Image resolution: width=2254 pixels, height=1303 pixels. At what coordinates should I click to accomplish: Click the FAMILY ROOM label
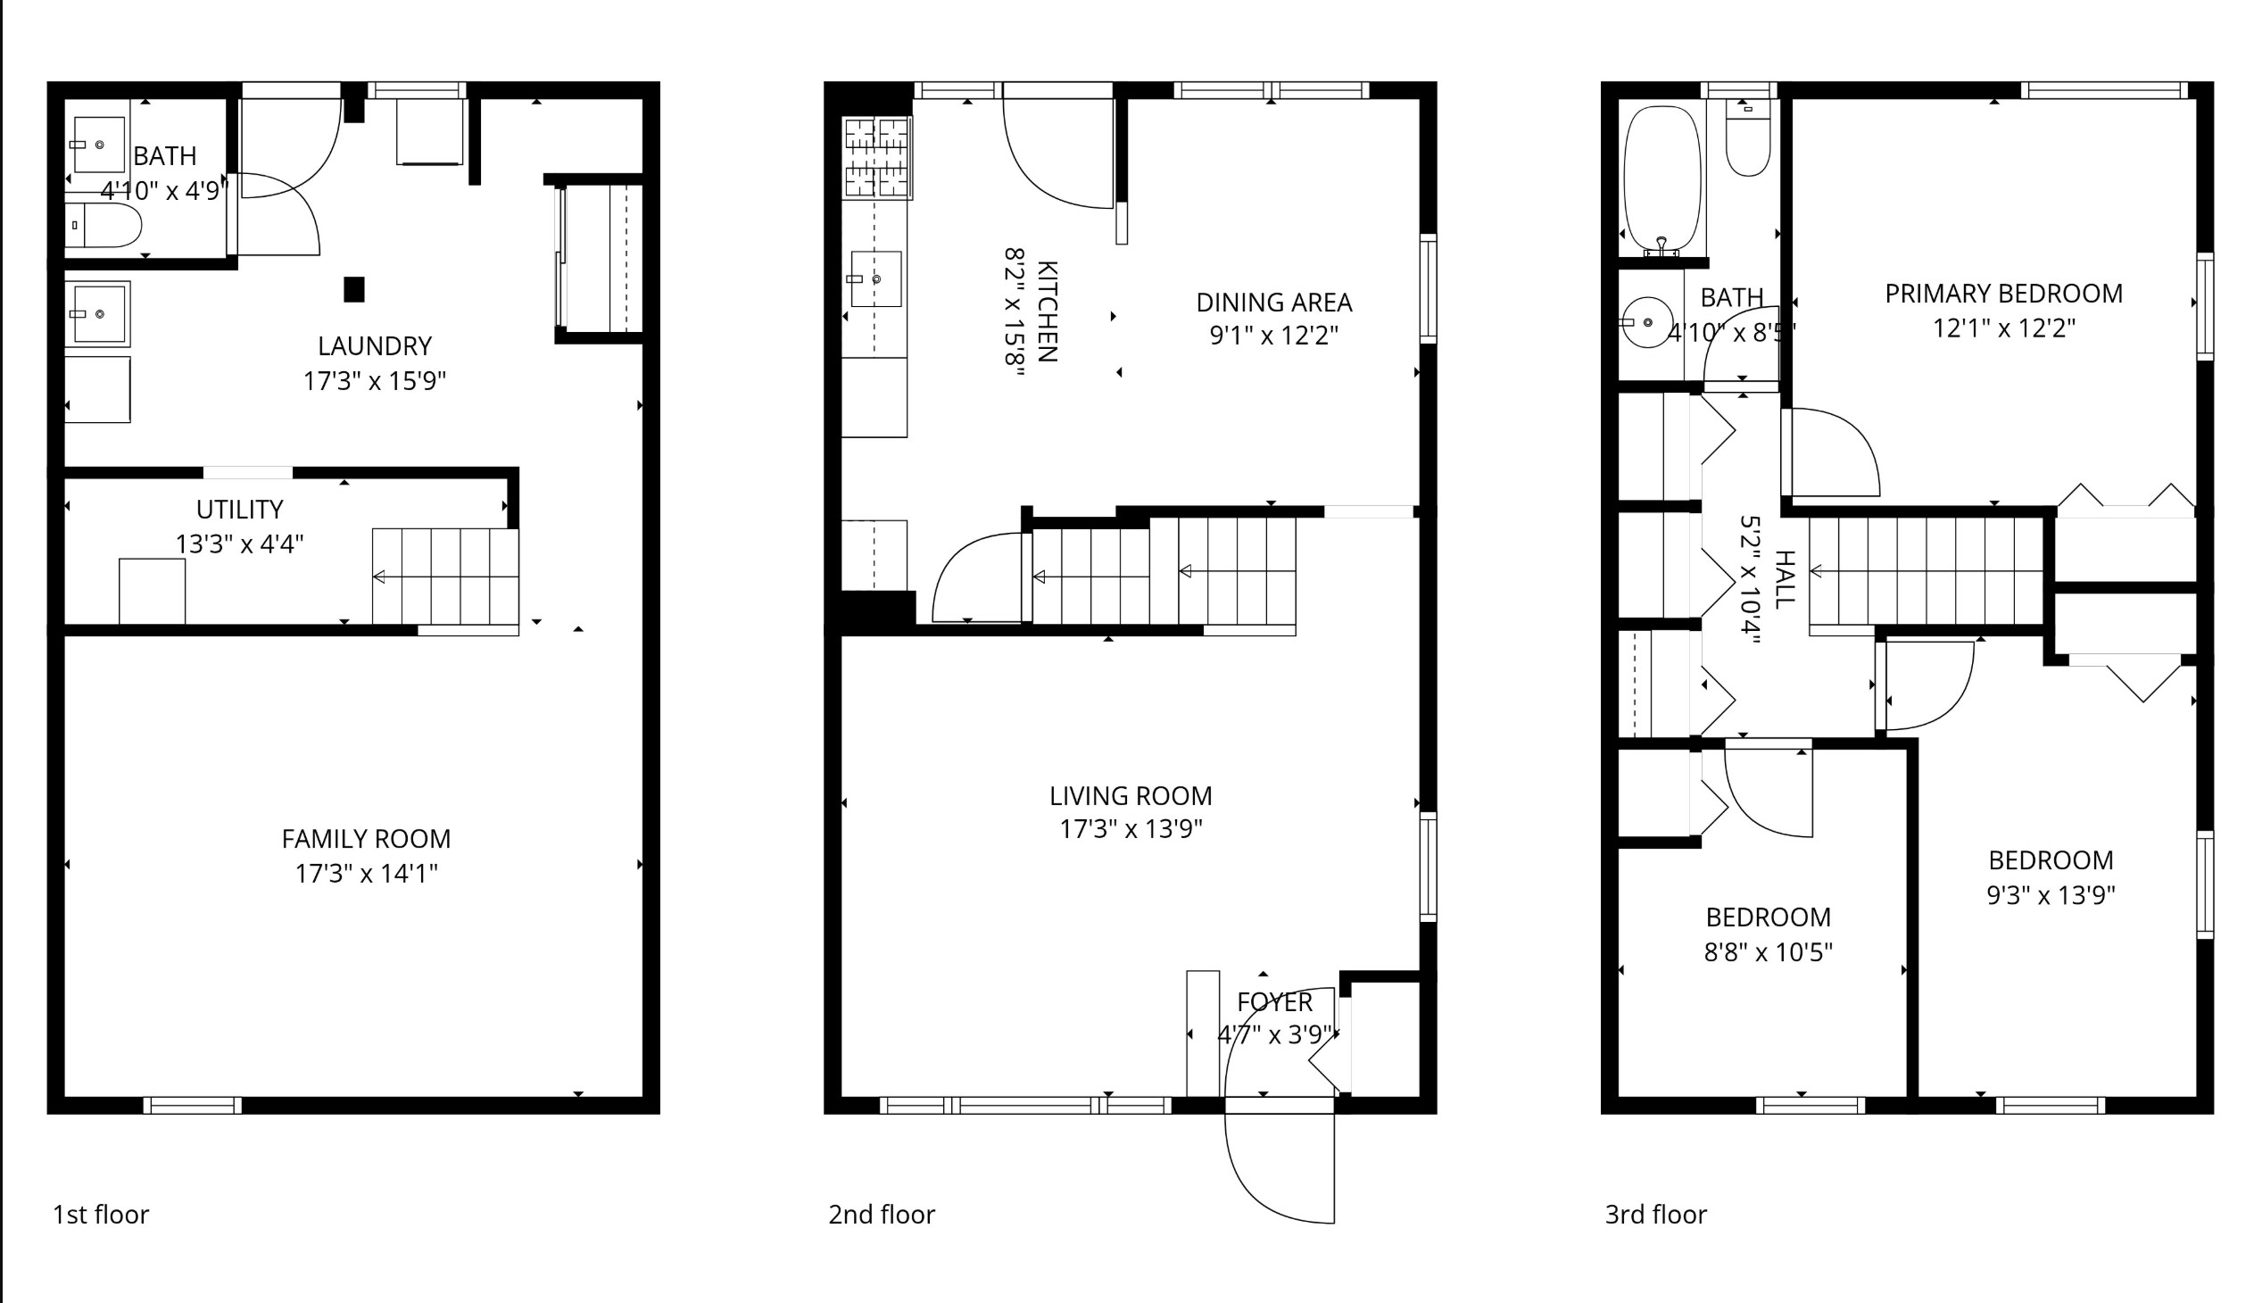[x=366, y=839]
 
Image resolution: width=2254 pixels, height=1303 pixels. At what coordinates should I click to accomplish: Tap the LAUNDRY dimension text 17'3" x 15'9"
[x=374, y=381]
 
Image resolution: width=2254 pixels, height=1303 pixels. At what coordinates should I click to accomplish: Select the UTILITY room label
[x=240, y=510]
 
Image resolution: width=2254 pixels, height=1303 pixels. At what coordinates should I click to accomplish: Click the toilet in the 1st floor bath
[x=104, y=226]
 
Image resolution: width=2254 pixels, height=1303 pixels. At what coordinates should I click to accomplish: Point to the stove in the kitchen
[x=876, y=157]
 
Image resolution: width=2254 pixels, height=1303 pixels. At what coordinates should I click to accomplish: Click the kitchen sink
[x=874, y=279]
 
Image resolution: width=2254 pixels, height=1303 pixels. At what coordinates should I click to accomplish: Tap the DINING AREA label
[x=1273, y=303]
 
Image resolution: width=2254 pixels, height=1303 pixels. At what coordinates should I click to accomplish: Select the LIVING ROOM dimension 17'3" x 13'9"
[x=1131, y=829]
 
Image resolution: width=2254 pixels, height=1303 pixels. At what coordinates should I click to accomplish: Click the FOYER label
[x=1274, y=1001]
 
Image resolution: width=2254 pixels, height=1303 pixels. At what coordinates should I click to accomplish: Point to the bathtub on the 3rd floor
[x=1661, y=179]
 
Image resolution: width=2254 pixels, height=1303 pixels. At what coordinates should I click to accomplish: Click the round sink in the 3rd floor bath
[x=1646, y=322]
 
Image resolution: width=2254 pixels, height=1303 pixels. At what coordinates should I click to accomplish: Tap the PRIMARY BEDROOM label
[x=2003, y=294]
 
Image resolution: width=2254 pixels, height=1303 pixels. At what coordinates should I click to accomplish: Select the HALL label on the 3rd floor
[x=1784, y=579]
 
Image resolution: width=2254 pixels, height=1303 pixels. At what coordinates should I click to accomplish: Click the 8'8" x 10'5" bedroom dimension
[x=1768, y=952]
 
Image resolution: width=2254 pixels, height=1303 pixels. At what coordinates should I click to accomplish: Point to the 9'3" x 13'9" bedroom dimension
[x=2050, y=895]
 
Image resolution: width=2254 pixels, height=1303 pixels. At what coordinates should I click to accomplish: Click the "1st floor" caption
[x=101, y=1215]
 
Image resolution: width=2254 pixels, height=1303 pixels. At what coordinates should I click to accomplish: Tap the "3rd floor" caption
[x=1655, y=1215]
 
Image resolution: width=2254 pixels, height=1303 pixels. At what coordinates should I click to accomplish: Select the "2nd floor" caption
[x=881, y=1215]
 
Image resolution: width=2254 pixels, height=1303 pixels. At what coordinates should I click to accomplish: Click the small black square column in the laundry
[x=354, y=289]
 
